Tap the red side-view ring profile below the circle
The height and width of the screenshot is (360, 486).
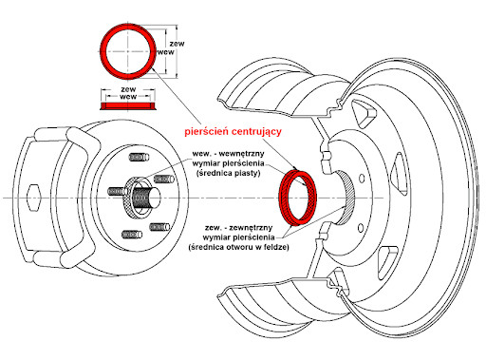(x=127, y=106)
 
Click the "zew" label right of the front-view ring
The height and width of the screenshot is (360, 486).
(x=177, y=44)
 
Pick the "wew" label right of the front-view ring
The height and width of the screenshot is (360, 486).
(x=166, y=52)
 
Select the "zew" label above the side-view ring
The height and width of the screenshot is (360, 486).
(x=128, y=89)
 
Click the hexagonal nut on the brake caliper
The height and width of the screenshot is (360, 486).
(x=33, y=198)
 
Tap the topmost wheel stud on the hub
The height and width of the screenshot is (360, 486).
(x=139, y=157)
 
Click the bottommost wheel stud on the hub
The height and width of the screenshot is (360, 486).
(x=132, y=235)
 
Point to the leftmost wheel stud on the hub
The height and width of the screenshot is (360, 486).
(x=116, y=191)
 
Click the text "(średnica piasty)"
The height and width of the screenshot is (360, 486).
(x=229, y=173)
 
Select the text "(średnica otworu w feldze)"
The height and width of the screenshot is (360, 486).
(x=239, y=247)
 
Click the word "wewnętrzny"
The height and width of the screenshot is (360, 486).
(x=241, y=154)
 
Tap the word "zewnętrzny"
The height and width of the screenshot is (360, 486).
(x=251, y=228)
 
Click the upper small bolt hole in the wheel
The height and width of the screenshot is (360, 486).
(x=362, y=179)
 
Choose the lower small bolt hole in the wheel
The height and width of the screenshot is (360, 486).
(x=361, y=228)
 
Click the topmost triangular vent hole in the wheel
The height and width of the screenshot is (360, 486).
(x=364, y=112)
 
